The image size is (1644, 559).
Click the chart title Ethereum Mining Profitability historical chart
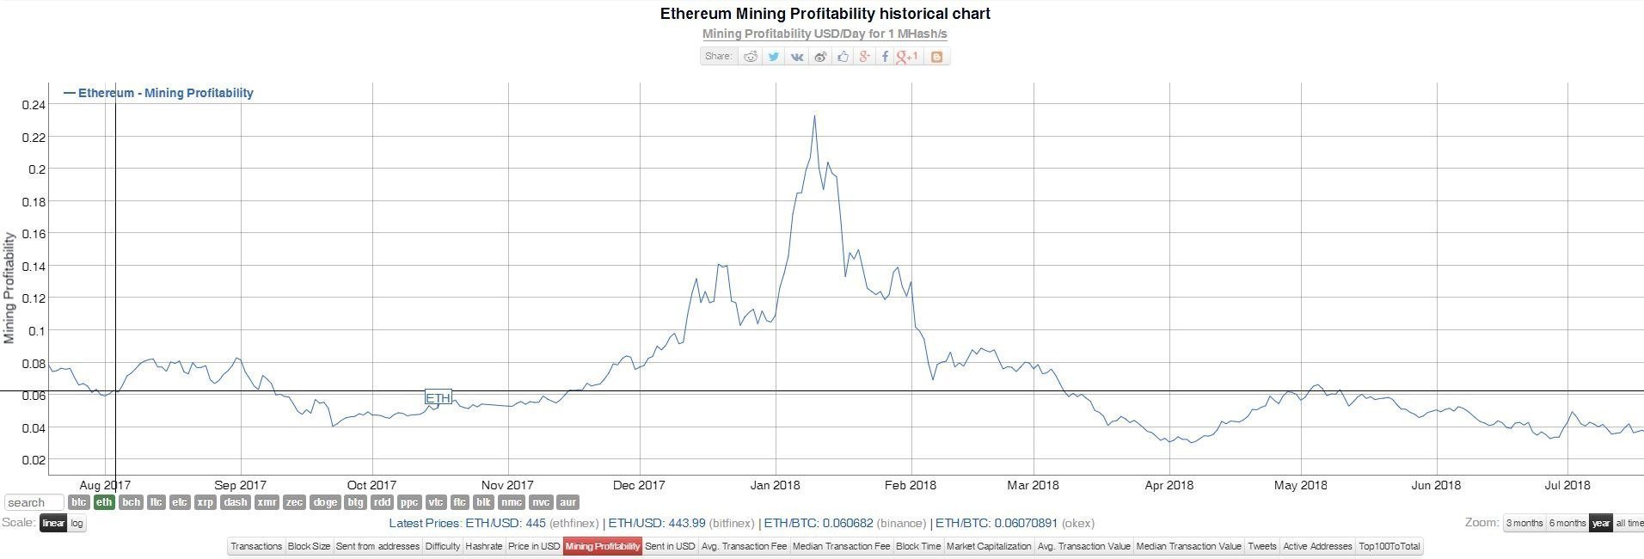(x=825, y=14)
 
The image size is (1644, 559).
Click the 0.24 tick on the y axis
(x=34, y=105)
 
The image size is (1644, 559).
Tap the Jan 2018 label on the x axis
(x=775, y=485)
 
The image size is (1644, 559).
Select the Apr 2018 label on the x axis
(x=1169, y=485)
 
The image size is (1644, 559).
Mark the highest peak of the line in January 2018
(x=814, y=116)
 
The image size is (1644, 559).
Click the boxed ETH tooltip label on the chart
(x=438, y=397)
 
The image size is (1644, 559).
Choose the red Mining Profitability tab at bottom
(x=602, y=546)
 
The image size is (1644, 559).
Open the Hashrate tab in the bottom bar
(x=483, y=546)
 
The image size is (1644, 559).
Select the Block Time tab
(x=917, y=546)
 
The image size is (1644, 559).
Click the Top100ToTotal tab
(x=1389, y=546)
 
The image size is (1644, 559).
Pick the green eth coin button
(x=104, y=502)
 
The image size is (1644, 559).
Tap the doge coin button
(x=325, y=502)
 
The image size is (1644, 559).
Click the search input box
(x=34, y=502)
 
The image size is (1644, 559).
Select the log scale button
(x=77, y=523)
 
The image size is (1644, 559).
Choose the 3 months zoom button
(x=1524, y=523)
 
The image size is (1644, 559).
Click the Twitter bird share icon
(x=774, y=57)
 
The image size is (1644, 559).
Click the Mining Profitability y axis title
(x=9, y=288)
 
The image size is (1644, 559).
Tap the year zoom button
(x=1600, y=523)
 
